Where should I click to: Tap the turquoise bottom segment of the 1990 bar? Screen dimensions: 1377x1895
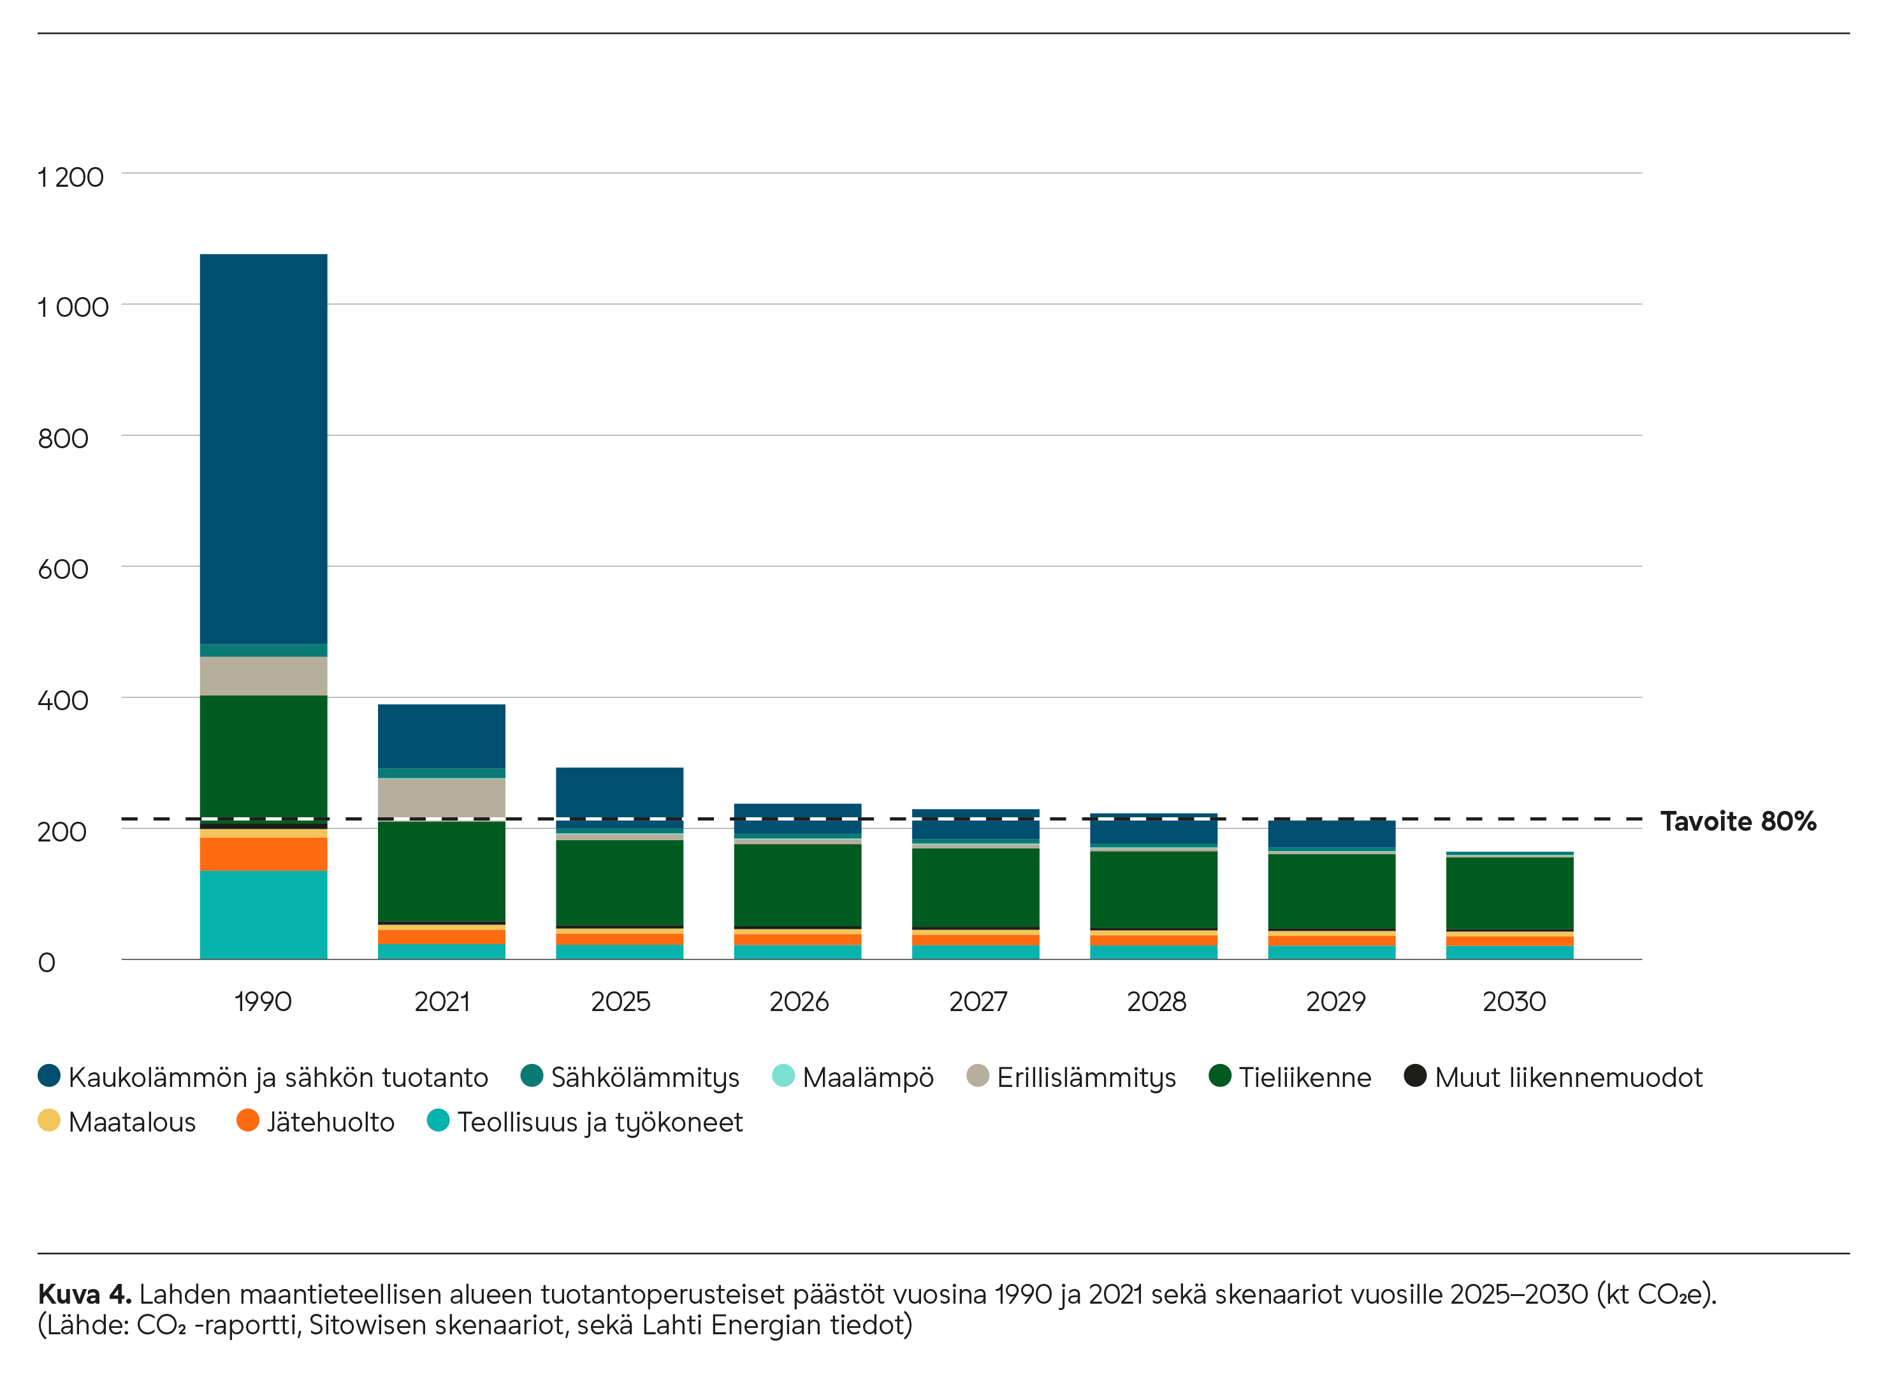tap(263, 914)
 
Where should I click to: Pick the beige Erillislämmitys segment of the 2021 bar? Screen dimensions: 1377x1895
tap(441, 797)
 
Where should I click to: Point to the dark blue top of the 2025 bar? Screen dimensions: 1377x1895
tap(619, 790)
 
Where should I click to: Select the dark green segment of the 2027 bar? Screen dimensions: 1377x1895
tap(975, 887)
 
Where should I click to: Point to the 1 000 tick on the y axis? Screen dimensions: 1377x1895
tap(73, 307)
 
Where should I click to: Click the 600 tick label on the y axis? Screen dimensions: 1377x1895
tap(62, 569)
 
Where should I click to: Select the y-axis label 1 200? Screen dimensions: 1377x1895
tap(70, 177)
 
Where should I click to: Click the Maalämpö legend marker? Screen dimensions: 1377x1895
tap(783, 1075)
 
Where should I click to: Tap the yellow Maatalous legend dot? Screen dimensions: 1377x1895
tap(49, 1121)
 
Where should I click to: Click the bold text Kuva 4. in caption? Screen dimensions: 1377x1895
tap(84, 1293)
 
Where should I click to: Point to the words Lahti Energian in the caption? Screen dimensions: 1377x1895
tap(768, 1325)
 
